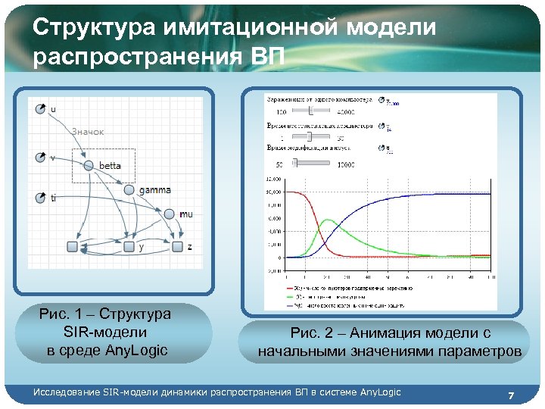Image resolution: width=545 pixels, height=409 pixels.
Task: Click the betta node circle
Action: pyautogui.click(x=89, y=165)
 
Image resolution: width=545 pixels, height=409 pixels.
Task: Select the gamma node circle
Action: pyautogui.click(x=129, y=190)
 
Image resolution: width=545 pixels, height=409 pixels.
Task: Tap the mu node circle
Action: pyautogui.click(x=170, y=214)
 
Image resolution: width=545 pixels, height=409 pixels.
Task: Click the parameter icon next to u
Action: pyautogui.click(x=41, y=110)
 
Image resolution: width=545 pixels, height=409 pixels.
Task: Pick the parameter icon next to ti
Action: pyautogui.click(x=41, y=198)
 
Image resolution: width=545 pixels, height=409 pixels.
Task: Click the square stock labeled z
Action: pyautogui.click(x=177, y=247)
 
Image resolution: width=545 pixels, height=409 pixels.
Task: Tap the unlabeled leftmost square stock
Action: pyautogui.click(x=73, y=247)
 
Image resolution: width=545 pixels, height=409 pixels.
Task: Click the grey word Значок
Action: pyautogui.click(x=88, y=132)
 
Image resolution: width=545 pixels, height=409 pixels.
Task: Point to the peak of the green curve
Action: pyautogui.click(x=327, y=220)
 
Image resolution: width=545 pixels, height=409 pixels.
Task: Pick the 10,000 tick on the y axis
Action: pyautogui.click(x=272, y=192)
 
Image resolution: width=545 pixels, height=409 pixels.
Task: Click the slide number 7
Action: pyautogui.click(x=512, y=395)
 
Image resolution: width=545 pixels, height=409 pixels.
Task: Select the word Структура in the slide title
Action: pyautogui.click(x=95, y=28)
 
